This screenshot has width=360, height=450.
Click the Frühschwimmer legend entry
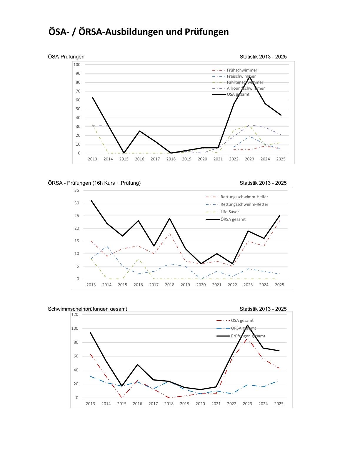click(242, 70)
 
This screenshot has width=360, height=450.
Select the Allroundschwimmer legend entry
click(246, 88)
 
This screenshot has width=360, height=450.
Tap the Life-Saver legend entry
click(230, 212)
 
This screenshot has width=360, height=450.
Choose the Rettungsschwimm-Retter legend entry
click(244, 204)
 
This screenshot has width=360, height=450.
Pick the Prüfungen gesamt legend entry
click(248, 336)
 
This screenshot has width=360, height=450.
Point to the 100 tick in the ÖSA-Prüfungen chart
click(77, 64)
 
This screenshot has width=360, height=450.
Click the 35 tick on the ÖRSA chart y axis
click(77, 190)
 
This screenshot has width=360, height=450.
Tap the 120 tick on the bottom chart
click(75, 314)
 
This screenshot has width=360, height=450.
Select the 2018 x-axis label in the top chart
click(171, 159)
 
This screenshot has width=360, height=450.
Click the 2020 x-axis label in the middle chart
click(201, 285)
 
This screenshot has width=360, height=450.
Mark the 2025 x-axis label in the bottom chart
click(279, 404)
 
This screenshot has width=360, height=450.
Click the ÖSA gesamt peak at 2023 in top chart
click(249, 77)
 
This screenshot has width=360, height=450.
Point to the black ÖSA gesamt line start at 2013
click(93, 97)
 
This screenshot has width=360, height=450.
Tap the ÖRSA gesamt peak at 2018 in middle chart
click(170, 218)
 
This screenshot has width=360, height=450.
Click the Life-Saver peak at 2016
click(138, 259)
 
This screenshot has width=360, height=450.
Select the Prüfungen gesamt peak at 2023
click(247, 325)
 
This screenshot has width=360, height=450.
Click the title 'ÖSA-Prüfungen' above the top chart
click(66, 57)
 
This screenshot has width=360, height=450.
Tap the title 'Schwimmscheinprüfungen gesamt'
click(87, 309)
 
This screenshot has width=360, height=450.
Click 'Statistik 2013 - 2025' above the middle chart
click(263, 183)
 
